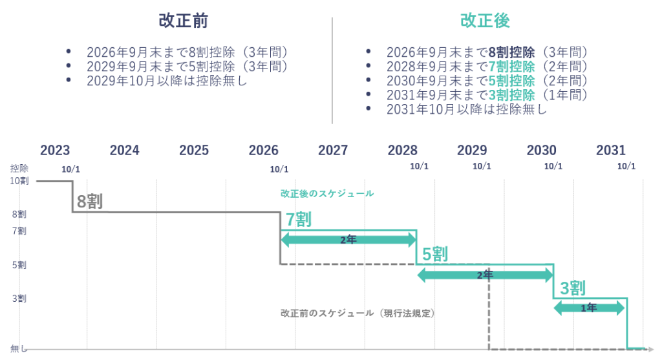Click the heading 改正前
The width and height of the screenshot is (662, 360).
point(183,21)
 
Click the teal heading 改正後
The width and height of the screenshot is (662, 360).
point(485,21)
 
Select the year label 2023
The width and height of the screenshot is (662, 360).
point(55,151)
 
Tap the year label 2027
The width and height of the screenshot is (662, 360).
point(333,151)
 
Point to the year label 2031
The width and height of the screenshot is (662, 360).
point(611,151)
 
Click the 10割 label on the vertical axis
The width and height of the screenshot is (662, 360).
point(18,181)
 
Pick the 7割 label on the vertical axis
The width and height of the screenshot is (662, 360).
point(19,231)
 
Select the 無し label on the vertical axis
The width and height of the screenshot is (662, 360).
point(18,348)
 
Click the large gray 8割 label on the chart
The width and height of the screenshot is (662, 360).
point(90,202)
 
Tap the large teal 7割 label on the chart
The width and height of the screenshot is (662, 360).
point(298,220)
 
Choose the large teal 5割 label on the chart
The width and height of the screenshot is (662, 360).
point(435,254)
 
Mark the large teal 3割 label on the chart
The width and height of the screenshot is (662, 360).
point(573,288)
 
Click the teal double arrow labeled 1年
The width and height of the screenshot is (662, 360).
point(589,308)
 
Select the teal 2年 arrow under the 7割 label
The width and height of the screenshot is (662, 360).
point(348,240)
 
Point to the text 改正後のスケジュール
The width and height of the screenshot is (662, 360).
point(327,193)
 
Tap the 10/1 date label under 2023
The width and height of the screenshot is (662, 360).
point(72,169)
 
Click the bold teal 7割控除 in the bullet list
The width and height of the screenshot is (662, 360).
point(513,67)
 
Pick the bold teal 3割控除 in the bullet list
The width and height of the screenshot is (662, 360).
point(513,95)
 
